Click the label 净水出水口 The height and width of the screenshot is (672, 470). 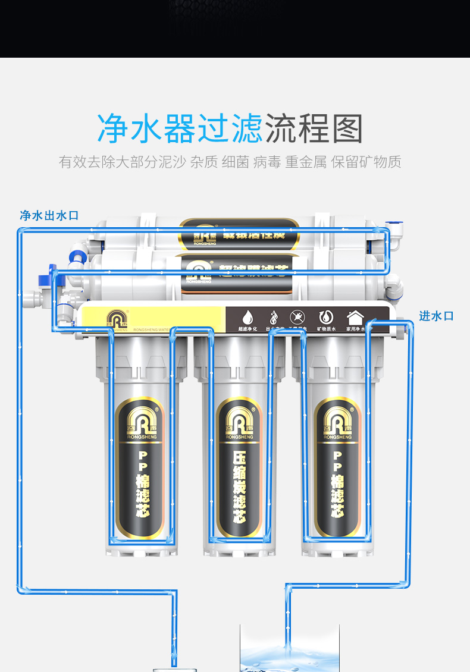49,216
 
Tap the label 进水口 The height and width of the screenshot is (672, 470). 436,316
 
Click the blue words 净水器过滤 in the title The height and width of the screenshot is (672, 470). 180,129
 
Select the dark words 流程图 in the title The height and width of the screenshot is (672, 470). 314,129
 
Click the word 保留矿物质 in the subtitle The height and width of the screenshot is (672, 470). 366,162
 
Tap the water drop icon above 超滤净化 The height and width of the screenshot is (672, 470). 247,317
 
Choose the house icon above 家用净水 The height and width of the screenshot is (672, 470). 355,317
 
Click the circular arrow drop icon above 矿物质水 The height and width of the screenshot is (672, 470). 326,317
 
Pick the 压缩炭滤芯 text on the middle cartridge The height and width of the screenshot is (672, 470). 239,485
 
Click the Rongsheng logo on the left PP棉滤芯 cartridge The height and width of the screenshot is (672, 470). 140,423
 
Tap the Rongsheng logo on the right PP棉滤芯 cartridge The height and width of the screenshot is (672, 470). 337,423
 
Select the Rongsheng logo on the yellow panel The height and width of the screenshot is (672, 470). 117,319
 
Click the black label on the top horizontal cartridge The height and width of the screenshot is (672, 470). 239,233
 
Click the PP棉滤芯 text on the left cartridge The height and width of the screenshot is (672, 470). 142,485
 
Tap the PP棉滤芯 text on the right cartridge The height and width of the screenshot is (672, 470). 337,485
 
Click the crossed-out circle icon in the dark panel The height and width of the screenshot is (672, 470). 297,317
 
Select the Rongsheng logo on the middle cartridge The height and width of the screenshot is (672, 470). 239,423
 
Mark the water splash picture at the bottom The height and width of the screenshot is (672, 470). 289,651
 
